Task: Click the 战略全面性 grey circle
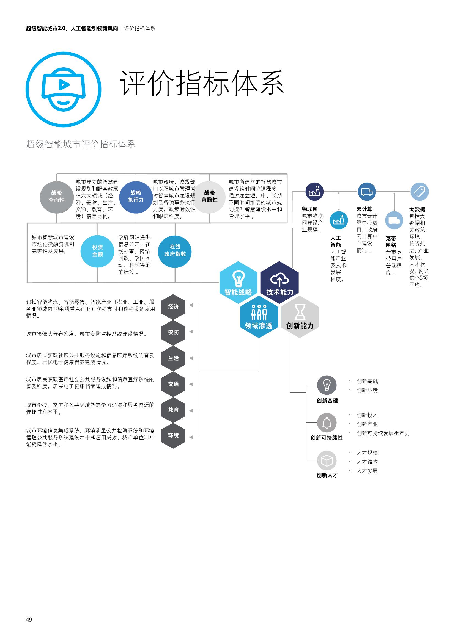[57, 197]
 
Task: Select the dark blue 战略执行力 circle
[136, 197]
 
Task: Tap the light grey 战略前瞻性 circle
[209, 197]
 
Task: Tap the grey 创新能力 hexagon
[300, 316]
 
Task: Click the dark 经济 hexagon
[173, 307]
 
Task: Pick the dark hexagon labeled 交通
[173, 384]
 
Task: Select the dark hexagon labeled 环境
[173, 435]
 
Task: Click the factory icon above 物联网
[314, 192]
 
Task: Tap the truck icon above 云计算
[367, 192]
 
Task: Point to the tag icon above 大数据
[420, 192]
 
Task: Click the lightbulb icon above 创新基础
[327, 385]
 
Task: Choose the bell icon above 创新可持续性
[327, 423]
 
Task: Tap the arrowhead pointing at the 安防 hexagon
[191, 332]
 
